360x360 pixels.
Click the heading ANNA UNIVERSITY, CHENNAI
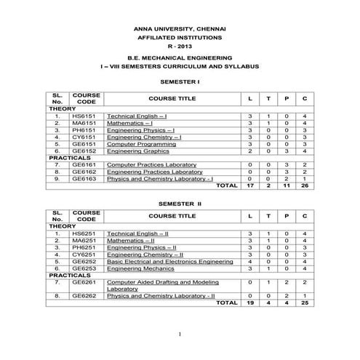click(x=180, y=25)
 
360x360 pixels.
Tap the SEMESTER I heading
click(x=180, y=81)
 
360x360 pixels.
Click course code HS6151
click(x=84, y=116)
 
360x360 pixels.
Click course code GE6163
click(x=84, y=178)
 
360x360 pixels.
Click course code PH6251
click(x=84, y=248)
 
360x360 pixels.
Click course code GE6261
click(x=84, y=281)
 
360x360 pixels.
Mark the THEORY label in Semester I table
click(x=63, y=109)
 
